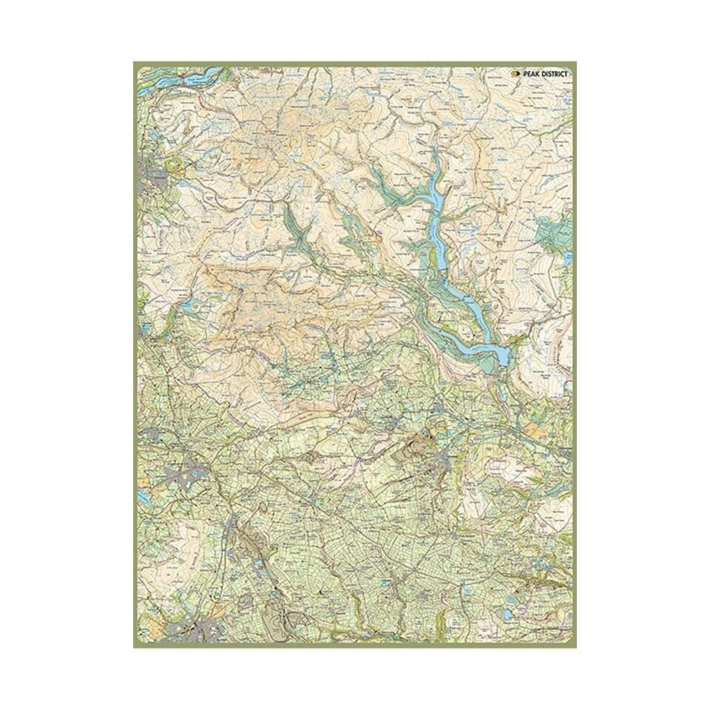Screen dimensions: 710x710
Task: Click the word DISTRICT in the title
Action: [555, 74]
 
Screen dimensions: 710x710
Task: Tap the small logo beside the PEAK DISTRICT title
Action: [515, 74]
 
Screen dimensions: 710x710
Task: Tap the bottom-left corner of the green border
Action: [135, 646]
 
